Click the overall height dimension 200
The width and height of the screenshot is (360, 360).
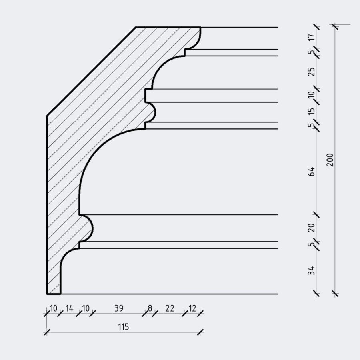click(x=330, y=160)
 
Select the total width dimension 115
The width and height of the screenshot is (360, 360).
click(x=124, y=327)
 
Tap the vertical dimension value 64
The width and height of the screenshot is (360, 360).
click(x=311, y=172)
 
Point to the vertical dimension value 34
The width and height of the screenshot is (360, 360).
click(x=311, y=270)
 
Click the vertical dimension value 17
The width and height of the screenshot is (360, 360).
click(x=311, y=37)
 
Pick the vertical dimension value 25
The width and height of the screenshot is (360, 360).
click(x=311, y=72)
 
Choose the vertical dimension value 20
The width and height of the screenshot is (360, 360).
click(x=311, y=228)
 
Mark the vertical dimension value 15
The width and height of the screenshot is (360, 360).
click(x=311, y=111)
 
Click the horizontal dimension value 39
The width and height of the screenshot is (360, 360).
click(x=119, y=308)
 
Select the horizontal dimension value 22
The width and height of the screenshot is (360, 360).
click(x=170, y=308)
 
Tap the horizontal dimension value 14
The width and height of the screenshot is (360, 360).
click(x=69, y=308)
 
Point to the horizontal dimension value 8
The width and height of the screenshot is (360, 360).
click(x=150, y=308)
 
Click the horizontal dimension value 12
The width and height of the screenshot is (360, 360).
click(x=192, y=308)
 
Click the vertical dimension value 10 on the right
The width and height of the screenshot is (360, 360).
click(x=311, y=94)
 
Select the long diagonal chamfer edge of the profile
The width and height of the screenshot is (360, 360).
click(x=91, y=72)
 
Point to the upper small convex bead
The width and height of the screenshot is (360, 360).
click(x=152, y=112)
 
